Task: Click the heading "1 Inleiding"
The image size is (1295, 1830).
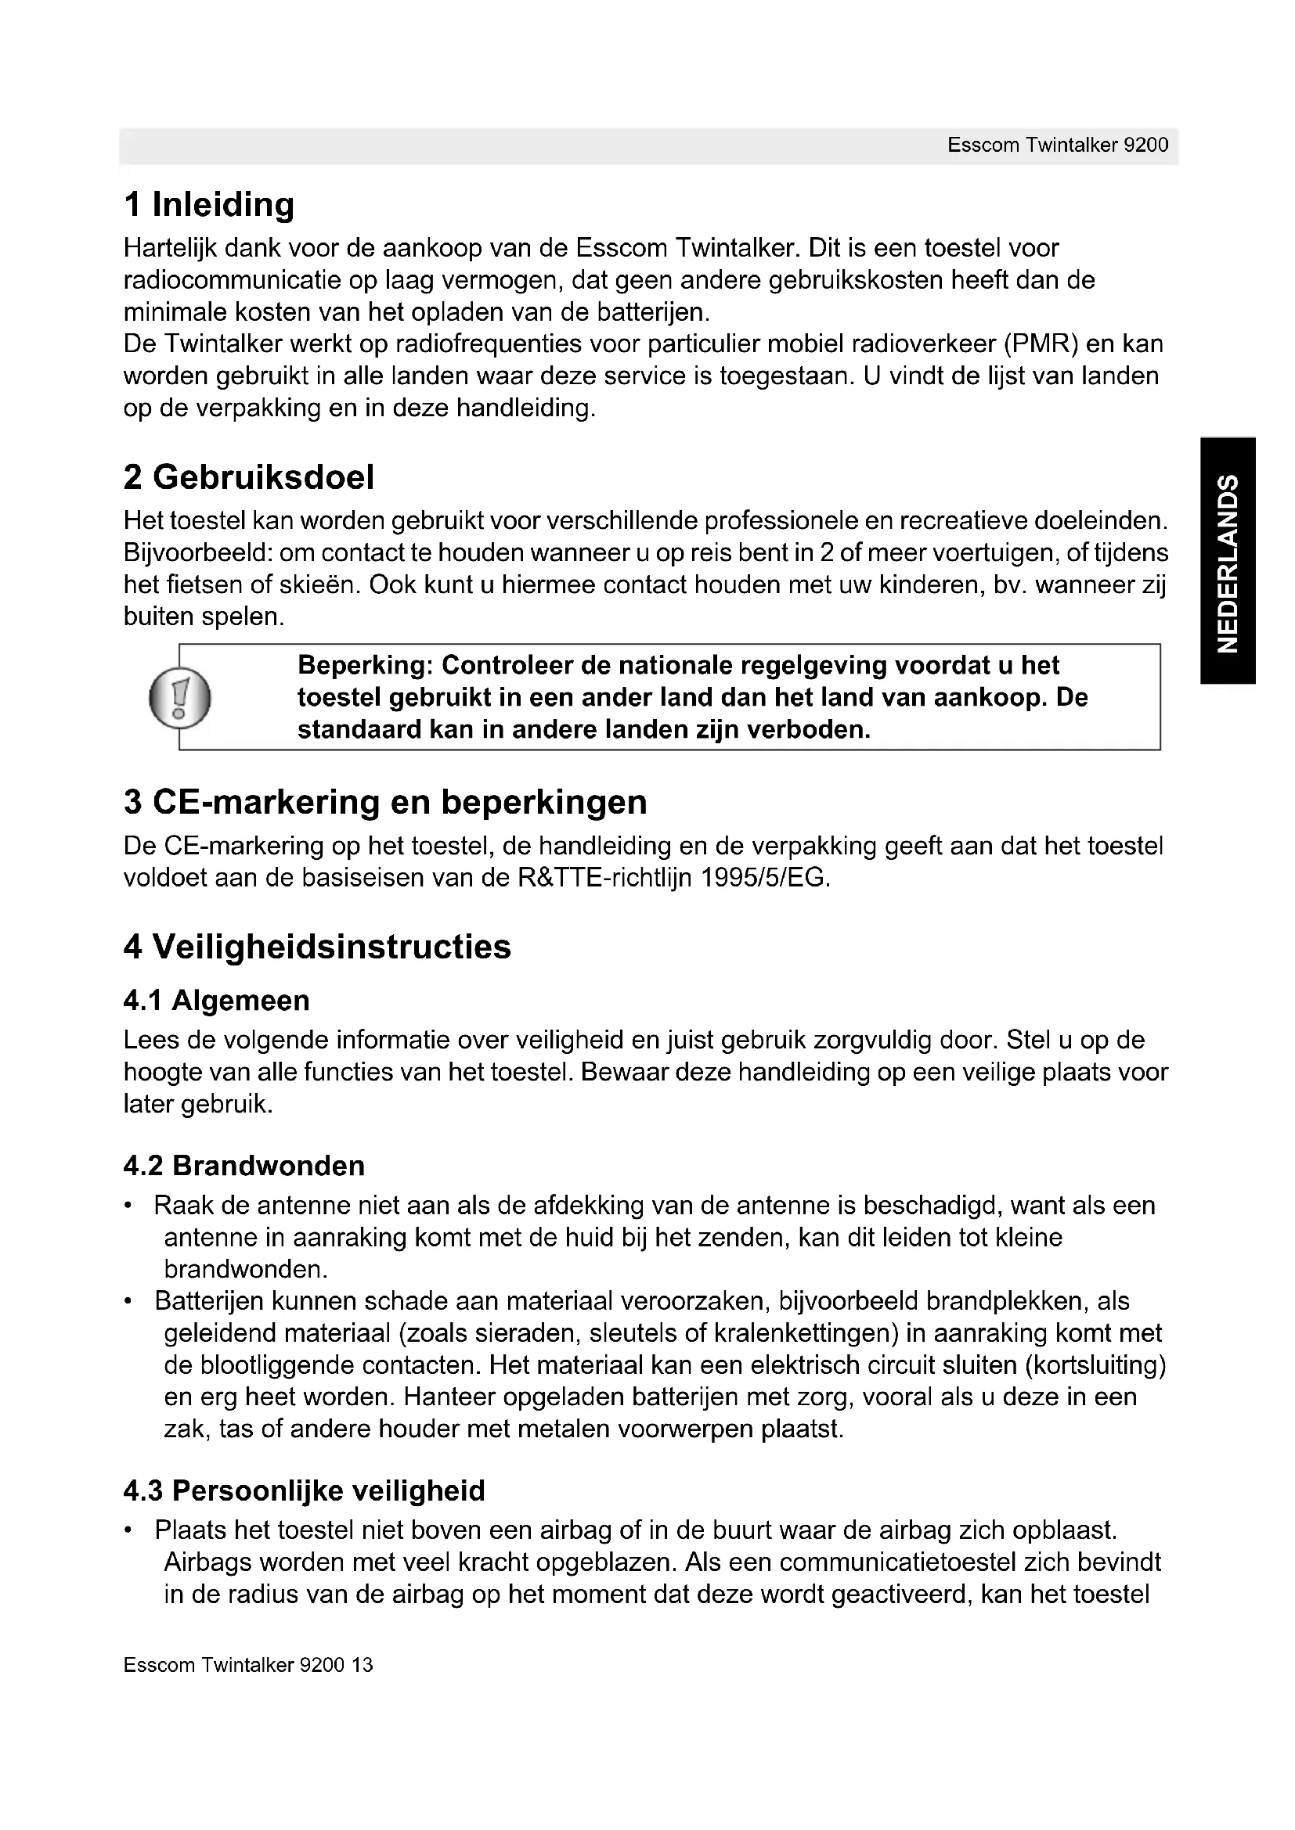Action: point(209,205)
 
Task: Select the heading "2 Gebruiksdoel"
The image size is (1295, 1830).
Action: point(248,477)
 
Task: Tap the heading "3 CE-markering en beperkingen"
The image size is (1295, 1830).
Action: point(385,802)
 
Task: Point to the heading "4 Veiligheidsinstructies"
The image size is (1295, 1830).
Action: point(316,947)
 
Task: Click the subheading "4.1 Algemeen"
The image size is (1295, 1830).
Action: point(216,1001)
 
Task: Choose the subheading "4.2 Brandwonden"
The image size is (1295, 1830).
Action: point(244,1165)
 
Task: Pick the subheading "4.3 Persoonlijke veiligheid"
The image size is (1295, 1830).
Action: point(304,1490)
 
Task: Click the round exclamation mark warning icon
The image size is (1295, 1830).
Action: point(180,697)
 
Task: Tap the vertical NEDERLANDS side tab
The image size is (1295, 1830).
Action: point(1228,561)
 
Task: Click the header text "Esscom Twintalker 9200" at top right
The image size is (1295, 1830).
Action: point(1057,145)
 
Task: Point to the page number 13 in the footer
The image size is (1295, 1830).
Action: point(362,1665)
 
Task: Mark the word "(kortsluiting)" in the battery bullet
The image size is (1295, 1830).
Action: point(1095,1365)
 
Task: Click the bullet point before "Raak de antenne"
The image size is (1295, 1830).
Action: point(128,1206)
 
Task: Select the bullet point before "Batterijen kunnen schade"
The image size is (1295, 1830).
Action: point(128,1302)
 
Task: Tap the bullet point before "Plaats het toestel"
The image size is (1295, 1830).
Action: point(128,1530)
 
